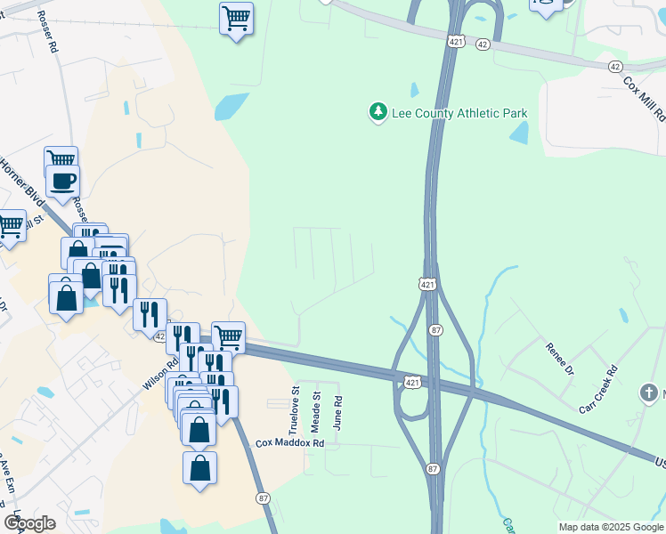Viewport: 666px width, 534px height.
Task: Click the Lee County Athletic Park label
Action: click(x=459, y=113)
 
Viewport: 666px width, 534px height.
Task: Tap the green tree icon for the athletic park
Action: click(x=378, y=112)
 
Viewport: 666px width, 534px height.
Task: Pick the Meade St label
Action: click(x=315, y=409)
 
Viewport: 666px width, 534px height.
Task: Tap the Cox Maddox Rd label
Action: click(x=289, y=442)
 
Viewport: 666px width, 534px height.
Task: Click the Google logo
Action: click(x=29, y=522)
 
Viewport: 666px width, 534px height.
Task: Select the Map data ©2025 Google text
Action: click(x=610, y=527)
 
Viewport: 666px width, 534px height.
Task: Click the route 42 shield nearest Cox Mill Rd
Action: click(x=615, y=67)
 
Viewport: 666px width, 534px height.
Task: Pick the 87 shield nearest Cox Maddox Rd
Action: click(x=263, y=498)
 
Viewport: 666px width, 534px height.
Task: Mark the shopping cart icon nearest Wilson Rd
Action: click(x=229, y=337)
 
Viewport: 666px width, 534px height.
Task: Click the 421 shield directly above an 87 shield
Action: click(x=428, y=284)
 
